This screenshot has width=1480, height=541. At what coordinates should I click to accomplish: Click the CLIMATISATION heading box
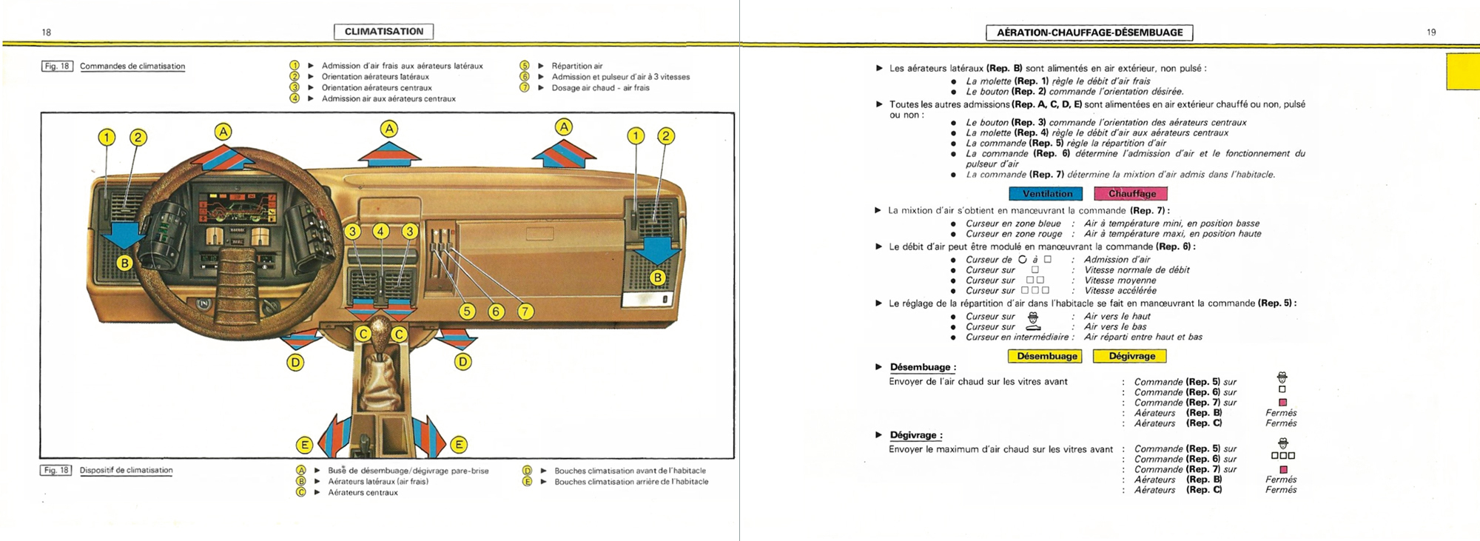(383, 31)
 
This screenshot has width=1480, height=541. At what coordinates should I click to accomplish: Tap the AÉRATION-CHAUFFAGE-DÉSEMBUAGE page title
(1089, 33)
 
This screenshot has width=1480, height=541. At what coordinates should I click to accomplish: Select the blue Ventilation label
(1046, 194)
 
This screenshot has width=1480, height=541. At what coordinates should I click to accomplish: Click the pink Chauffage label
(1131, 194)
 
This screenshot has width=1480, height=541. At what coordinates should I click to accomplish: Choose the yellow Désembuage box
(1046, 357)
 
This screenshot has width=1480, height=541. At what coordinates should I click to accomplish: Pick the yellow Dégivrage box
(1131, 357)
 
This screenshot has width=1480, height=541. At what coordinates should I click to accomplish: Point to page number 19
(1431, 33)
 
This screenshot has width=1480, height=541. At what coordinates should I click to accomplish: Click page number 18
(47, 33)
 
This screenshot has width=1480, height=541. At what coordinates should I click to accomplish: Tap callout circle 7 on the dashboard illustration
(525, 312)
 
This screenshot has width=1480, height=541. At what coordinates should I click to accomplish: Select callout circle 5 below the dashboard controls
(466, 312)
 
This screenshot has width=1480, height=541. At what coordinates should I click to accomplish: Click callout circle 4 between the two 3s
(380, 232)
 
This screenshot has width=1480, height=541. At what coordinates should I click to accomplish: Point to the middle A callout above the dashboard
(389, 129)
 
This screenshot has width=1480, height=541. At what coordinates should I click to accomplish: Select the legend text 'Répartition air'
(576, 66)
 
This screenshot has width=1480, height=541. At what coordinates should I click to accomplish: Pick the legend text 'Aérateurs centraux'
(363, 493)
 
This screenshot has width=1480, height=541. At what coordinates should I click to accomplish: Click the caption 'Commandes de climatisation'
(132, 67)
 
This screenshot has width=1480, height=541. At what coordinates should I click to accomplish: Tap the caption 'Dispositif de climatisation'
(126, 471)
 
